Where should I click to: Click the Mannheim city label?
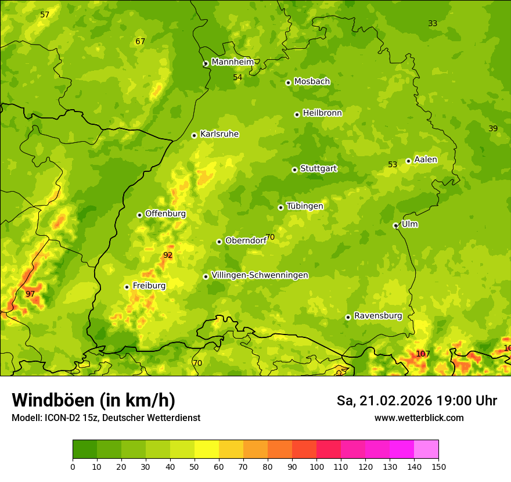point(233,62)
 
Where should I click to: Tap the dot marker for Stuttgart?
point(294,170)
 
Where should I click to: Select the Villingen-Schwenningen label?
point(260,275)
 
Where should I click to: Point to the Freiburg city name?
point(149,286)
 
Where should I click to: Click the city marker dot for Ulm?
point(395,225)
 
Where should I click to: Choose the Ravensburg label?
point(377,316)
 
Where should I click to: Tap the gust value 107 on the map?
point(423,354)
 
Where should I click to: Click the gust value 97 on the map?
point(30,294)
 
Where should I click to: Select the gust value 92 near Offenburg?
point(168,255)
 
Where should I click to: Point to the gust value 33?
point(433,24)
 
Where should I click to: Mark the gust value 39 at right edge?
point(493,128)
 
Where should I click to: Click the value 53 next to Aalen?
point(393,165)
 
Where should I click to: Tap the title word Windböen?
point(53,400)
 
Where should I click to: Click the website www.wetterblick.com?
point(419,418)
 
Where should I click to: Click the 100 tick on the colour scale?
point(316,466)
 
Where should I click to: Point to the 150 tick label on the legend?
point(438,466)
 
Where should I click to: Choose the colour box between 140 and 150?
point(426,449)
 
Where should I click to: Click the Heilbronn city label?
point(322,113)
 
